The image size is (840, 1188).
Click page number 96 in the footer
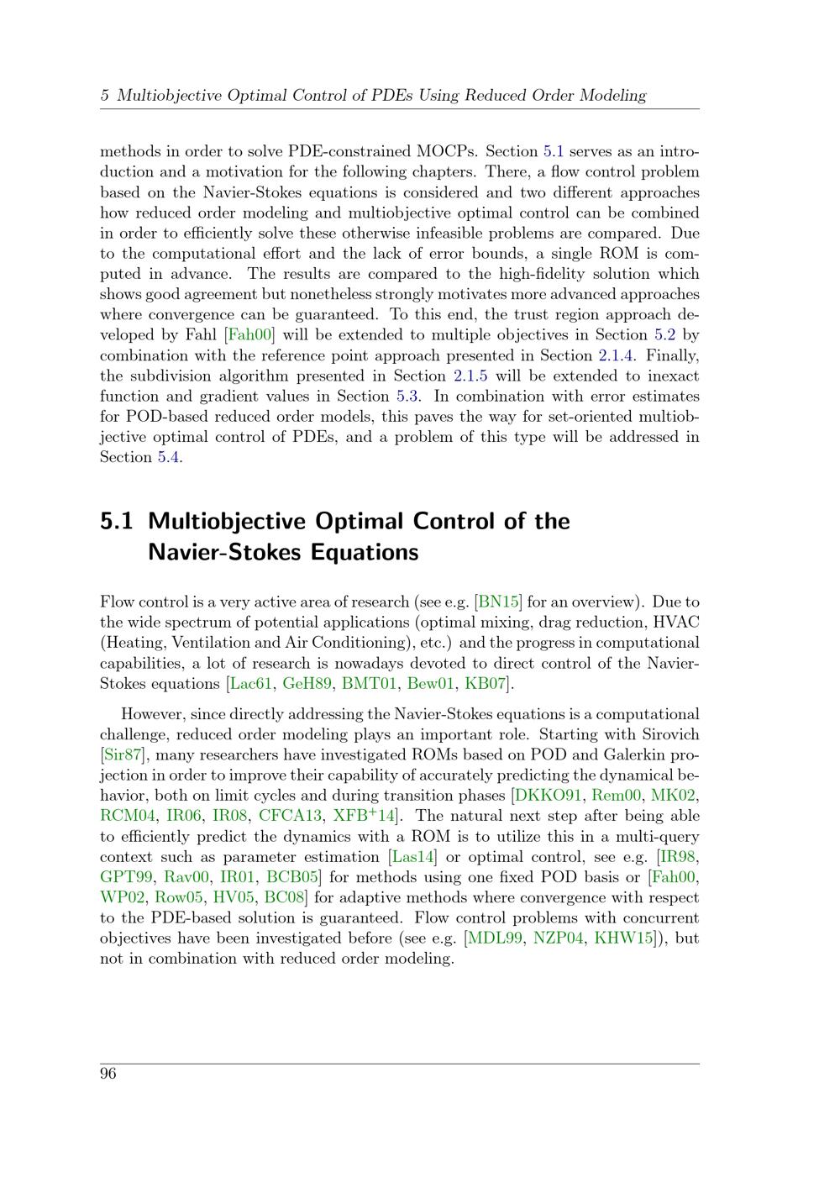(108, 1075)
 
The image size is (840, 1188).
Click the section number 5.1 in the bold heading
(117, 522)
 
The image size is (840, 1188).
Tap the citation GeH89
(307, 684)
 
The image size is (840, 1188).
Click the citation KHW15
(623, 938)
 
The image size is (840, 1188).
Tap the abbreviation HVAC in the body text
(678, 623)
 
